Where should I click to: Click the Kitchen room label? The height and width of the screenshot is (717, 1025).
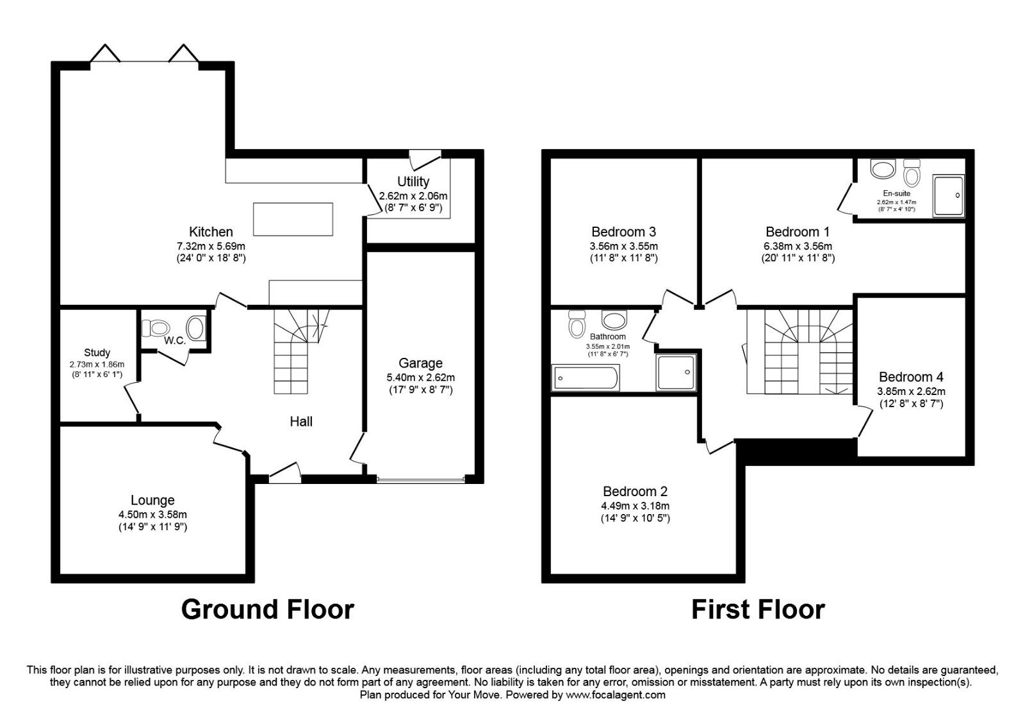click(x=211, y=232)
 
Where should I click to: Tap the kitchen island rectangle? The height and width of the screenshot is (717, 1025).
click(x=293, y=219)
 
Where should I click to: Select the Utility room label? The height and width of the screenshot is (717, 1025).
click(x=413, y=182)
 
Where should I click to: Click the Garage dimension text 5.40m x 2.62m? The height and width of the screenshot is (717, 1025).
click(x=421, y=377)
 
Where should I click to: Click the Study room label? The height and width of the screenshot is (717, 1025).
click(x=97, y=353)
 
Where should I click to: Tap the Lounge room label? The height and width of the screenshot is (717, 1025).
click(x=152, y=501)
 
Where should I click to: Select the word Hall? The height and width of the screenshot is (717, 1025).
click(x=301, y=421)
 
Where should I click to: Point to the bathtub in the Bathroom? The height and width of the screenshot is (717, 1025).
click(x=586, y=378)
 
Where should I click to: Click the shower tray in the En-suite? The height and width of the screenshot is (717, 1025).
click(x=948, y=196)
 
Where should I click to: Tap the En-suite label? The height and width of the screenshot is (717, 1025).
click(x=896, y=193)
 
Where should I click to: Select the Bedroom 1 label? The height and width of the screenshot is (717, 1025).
click(x=792, y=232)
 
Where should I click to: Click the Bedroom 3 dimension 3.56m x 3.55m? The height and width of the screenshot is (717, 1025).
click(x=623, y=246)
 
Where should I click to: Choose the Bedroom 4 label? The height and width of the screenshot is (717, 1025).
click(x=910, y=377)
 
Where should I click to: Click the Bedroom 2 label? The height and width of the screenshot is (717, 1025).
click(x=635, y=492)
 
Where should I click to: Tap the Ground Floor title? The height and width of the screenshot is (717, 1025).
click(x=267, y=609)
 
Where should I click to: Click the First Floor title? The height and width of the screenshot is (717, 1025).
click(x=758, y=609)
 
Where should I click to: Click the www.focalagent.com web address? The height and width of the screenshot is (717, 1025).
click(x=616, y=695)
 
